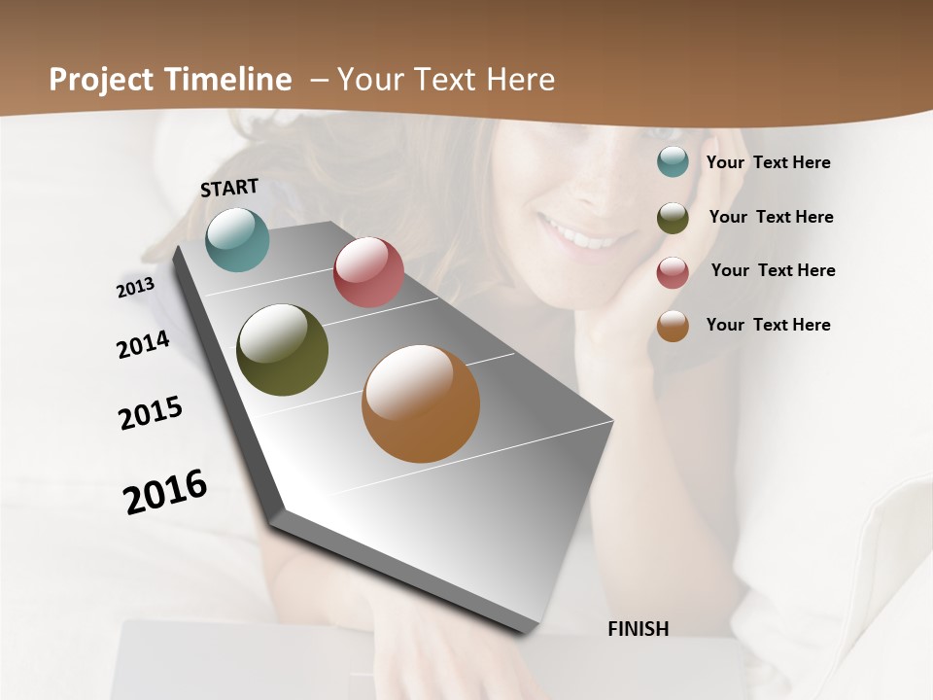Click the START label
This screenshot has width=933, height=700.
click(x=229, y=188)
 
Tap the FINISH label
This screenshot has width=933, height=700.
click(x=638, y=629)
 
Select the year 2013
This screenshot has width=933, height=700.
click(x=135, y=287)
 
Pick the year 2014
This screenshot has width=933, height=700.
click(x=143, y=345)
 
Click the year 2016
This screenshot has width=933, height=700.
click(x=165, y=492)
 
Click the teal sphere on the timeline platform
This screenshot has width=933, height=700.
click(x=237, y=239)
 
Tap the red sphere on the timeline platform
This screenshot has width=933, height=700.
click(x=368, y=272)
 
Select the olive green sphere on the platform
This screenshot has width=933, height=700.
click(x=282, y=350)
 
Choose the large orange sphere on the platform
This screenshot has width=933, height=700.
click(x=421, y=403)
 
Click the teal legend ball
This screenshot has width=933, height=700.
click(x=673, y=161)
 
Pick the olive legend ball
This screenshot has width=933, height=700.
click(x=673, y=217)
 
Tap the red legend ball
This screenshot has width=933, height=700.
click(x=673, y=271)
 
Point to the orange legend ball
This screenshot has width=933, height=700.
click(x=673, y=326)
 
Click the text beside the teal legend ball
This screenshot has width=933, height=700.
click(x=768, y=162)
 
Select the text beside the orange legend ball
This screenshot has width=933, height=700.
click(x=768, y=325)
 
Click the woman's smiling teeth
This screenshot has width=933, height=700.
click(x=580, y=233)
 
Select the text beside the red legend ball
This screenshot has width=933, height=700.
click(x=773, y=270)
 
